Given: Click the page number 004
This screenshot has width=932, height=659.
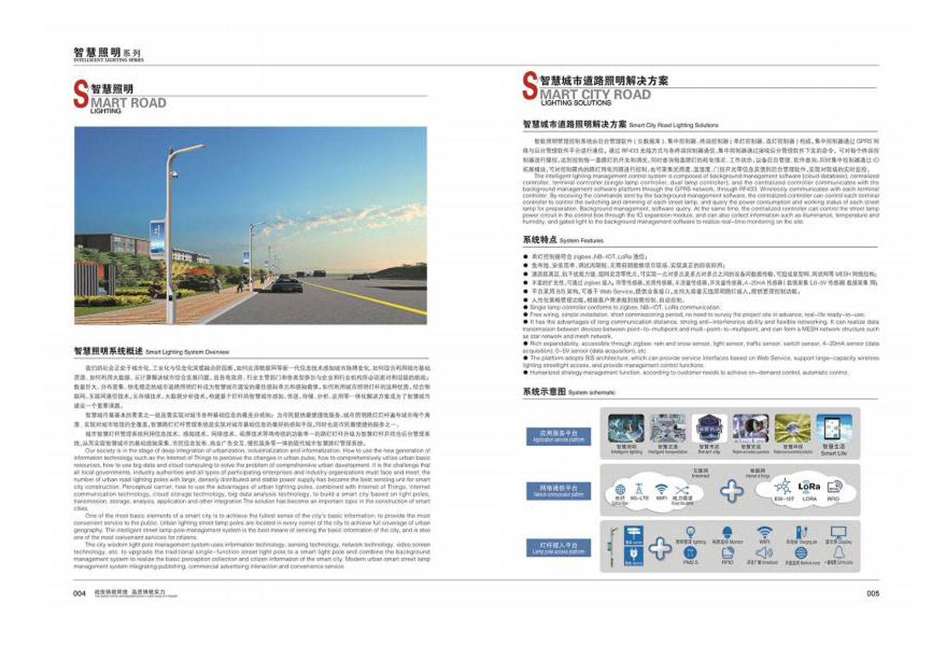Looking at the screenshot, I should point(78,593).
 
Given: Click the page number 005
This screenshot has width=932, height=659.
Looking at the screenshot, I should point(871,593).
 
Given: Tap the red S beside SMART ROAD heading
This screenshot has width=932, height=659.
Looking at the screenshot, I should point(80,95).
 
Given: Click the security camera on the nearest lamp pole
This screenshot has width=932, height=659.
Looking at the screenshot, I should point(173,173).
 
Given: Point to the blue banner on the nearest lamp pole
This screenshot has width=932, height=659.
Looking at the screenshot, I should point(158,239).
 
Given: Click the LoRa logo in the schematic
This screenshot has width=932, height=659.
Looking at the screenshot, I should point(809,486).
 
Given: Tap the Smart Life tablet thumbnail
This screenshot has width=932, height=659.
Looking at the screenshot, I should point(833,427).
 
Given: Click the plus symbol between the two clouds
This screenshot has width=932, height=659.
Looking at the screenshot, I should point(731,490).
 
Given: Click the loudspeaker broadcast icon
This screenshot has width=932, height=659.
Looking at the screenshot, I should point(764,553).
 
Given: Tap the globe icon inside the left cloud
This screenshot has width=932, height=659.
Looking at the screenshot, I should point(620,490).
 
